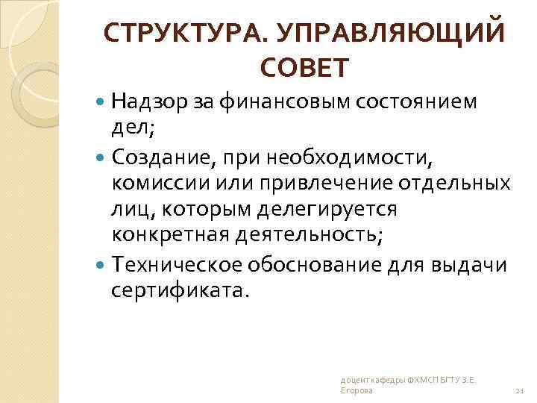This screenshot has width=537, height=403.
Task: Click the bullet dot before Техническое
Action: (x=102, y=266)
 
